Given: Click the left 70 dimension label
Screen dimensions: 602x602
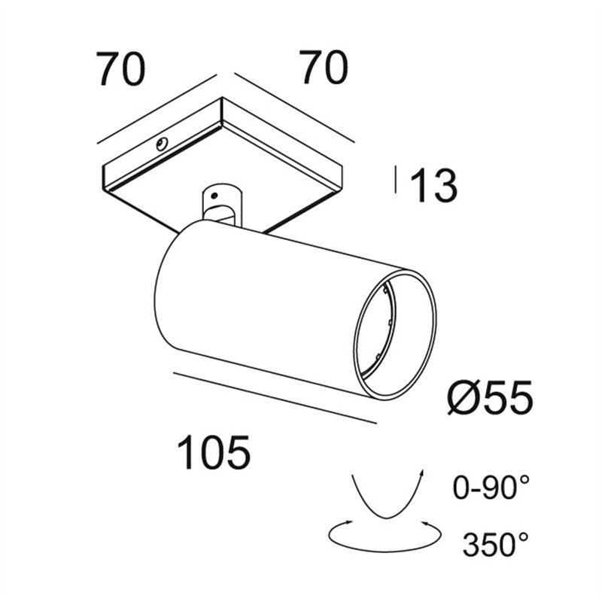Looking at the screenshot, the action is [x=121, y=69].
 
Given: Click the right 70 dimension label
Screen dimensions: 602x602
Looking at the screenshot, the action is [x=325, y=67].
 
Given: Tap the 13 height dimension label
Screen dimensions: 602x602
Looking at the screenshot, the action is [x=434, y=186].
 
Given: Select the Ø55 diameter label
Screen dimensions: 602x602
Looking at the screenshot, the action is [x=491, y=397].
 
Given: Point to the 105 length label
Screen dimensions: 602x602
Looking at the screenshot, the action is [x=214, y=452].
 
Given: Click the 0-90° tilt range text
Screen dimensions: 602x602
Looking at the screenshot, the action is [x=491, y=487].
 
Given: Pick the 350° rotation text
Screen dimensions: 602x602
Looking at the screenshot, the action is [x=495, y=544].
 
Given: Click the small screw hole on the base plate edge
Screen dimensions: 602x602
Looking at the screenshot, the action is [x=161, y=144].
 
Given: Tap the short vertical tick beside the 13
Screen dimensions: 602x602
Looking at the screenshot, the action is [x=396, y=179].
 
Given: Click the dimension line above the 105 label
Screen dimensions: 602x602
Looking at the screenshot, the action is [x=275, y=398].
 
